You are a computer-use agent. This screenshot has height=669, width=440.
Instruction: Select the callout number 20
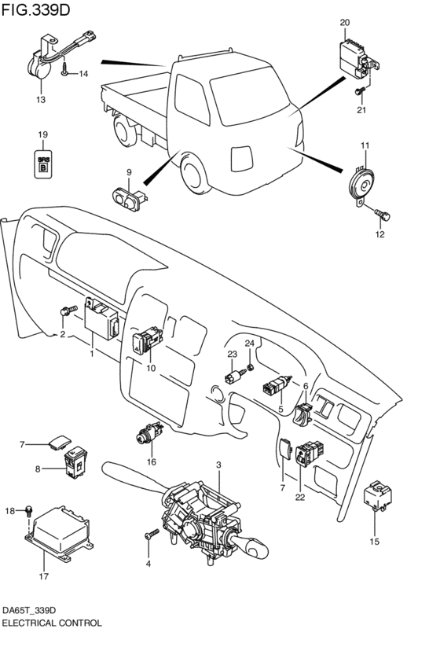click(344, 23)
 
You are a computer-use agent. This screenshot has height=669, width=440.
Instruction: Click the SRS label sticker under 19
click(44, 163)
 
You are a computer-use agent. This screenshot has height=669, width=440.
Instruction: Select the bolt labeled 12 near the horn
click(383, 211)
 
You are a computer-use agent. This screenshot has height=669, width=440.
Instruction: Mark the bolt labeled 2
click(66, 312)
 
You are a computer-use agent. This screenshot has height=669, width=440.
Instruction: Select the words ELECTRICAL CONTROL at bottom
click(52, 622)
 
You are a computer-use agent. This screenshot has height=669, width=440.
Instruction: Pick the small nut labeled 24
click(250, 367)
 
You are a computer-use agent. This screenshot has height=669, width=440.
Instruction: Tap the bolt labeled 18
click(29, 511)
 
